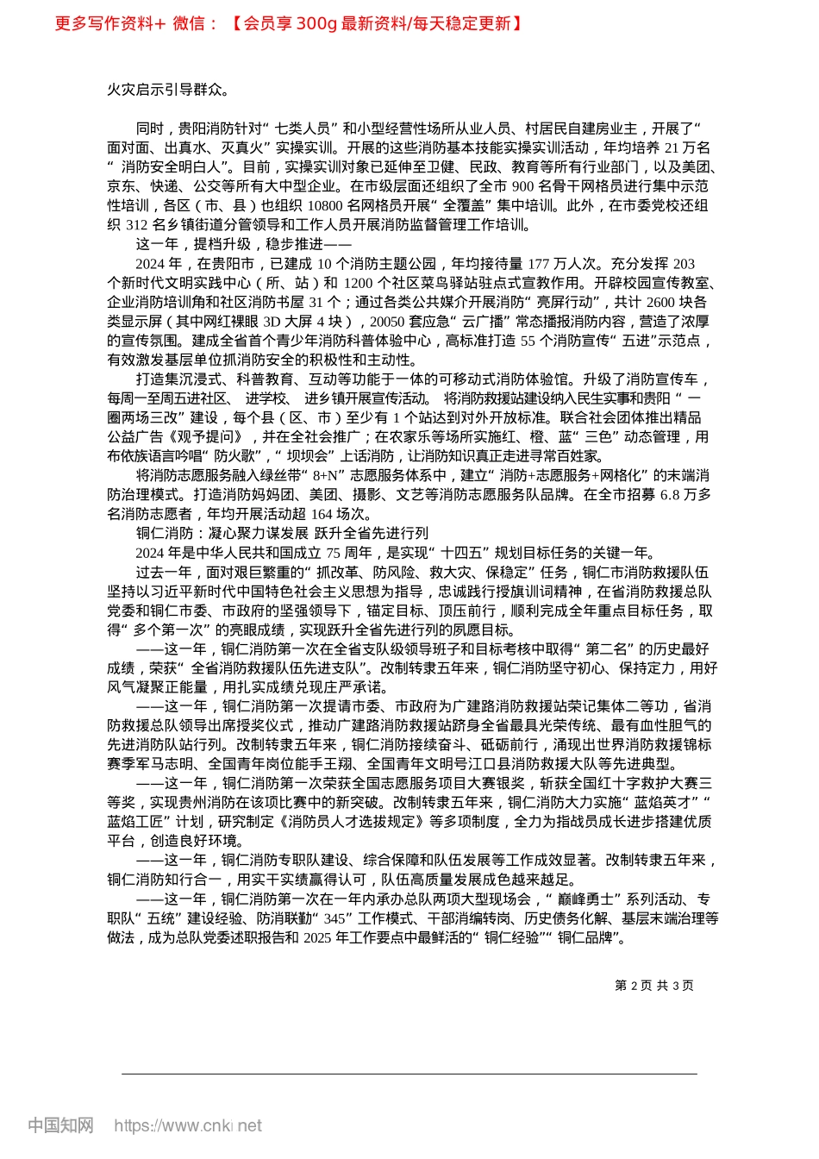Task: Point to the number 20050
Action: pos(388,321)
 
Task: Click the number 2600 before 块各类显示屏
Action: pos(660,302)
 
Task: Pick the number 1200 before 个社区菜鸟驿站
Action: pos(358,283)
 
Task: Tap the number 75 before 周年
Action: pos(334,553)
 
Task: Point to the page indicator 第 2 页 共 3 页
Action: pos(654,986)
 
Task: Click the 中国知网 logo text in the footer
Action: pos(60,1125)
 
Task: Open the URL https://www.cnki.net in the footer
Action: pos(188,1125)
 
